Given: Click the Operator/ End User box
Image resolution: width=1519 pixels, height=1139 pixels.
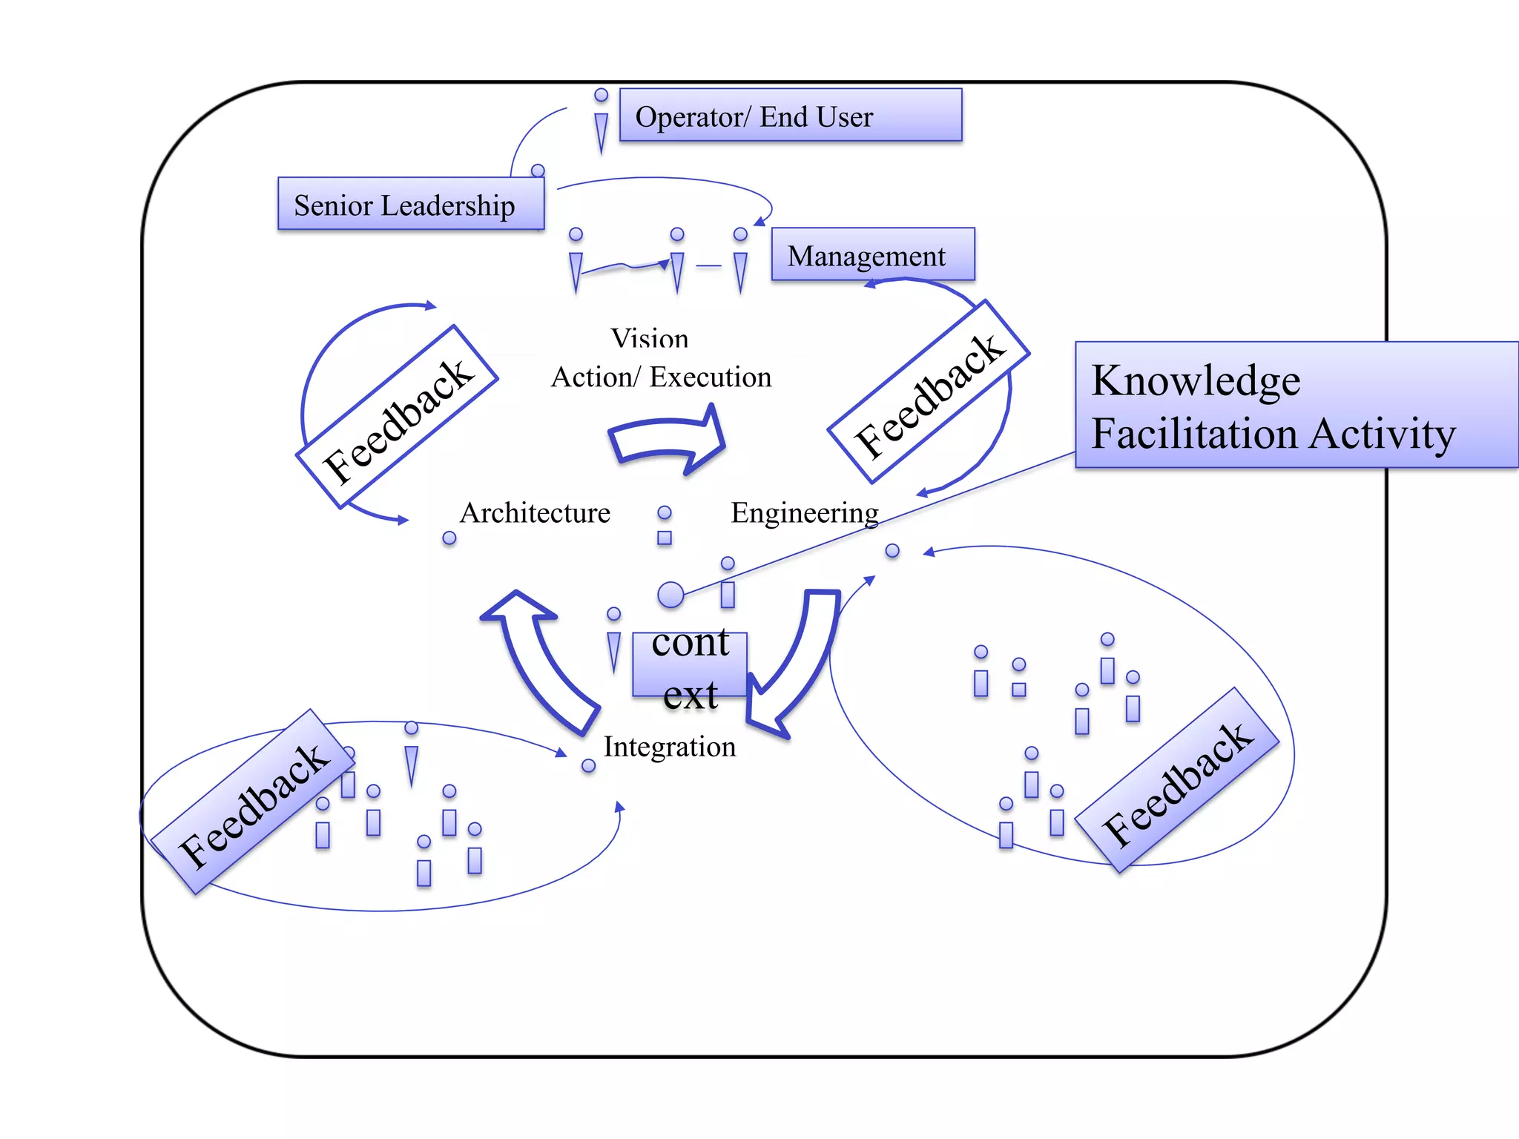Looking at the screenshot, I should pyautogui.click(x=790, y=116).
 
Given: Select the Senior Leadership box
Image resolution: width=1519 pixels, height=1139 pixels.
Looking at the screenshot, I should pyautogui.click(x=410, y=204).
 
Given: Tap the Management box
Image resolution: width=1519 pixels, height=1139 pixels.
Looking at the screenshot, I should pyautogui.click(x=872, y=255).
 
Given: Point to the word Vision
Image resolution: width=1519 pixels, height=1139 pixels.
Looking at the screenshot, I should pyautogui.click(x=649, y=339).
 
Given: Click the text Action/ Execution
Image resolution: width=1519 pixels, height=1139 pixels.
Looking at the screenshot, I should pyautogui.click(x=661, y=377).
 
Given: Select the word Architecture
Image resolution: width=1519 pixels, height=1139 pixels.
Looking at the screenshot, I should pyautogui.click(x=535, y=513).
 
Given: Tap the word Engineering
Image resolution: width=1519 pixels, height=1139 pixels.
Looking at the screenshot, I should pyautogui.click(x=804, y=513).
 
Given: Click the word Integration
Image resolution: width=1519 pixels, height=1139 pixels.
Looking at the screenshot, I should pyautogui.click(x=669, y=747).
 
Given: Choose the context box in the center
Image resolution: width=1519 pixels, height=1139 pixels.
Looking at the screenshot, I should pyautogui.click(x=689, y=665).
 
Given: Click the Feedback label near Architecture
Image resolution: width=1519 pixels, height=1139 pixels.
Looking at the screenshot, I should pyautogui.click(x=398, y=418).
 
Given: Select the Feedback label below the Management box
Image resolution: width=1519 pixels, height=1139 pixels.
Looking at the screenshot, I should pyautogui.click(x=929, y=393).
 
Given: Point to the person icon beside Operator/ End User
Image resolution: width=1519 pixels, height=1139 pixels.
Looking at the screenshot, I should pyautogui.click(x=601, y=122).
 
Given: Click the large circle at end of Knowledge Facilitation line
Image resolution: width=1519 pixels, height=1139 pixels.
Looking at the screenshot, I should pyautogui.click(x=670, y=594).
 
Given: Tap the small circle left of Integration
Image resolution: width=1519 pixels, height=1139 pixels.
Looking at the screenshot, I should pyautogui.click(x=588, y=765).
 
